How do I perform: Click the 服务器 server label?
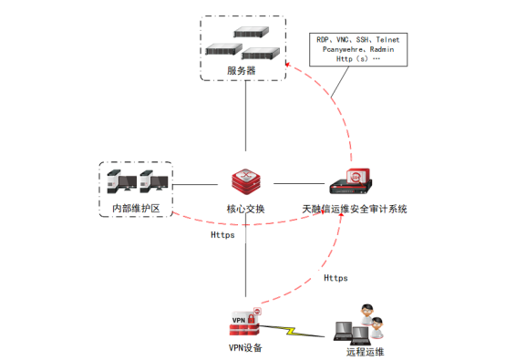point(242,70)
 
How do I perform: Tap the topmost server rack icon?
point(252,32)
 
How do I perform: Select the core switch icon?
point(246,181)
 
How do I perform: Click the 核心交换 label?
point(245,209)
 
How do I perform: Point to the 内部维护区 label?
point(136,209)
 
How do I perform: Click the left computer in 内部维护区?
point(122,181)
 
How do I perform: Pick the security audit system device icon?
point(351,181)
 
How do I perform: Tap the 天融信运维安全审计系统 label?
point(355,209)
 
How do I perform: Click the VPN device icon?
point(245,323)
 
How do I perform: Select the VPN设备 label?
point(245,348)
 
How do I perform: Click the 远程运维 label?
point(365,352)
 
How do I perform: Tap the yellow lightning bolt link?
point(292,331)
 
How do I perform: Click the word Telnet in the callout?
point(387,40)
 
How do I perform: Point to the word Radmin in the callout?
point(382,49)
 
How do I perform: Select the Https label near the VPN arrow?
point(335,278)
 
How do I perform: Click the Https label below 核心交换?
point(222,235)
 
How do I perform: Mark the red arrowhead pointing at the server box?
point(287,65)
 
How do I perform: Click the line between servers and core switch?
point(245,116)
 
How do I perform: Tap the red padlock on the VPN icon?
point(251,319)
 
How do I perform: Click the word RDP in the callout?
point(323,40)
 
